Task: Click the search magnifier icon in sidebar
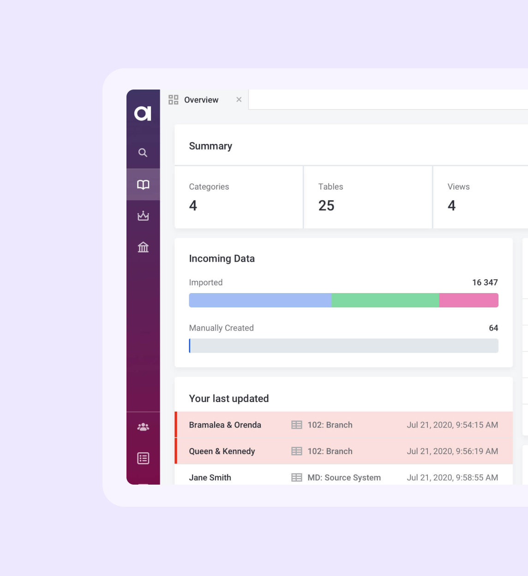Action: tap(143, 153)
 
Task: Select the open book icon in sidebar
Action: tap(143, 185)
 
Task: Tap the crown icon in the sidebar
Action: tap(143, 216)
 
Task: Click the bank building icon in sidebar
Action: tap(143, 247)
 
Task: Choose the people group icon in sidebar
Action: tap(143, 427)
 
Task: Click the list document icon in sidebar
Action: tap(143, 458)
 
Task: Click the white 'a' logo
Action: tap(143, 113)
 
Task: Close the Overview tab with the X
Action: tap(239, 100)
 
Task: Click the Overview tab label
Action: tap(201, 100)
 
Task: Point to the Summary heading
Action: tap(210, 146)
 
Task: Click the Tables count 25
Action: tap(326, 205)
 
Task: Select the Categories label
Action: tap(209, 186)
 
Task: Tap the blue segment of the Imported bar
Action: tap(260, 300)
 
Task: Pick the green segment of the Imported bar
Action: tap(385, 300)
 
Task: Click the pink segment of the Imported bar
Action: tap(468, 300)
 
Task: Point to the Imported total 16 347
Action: tap(485, 282)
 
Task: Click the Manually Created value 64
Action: tap(493, 328)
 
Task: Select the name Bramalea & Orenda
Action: tap(225, 425)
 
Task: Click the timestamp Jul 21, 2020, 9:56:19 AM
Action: tap(452, 451)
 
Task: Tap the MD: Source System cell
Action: tap(344, 478)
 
